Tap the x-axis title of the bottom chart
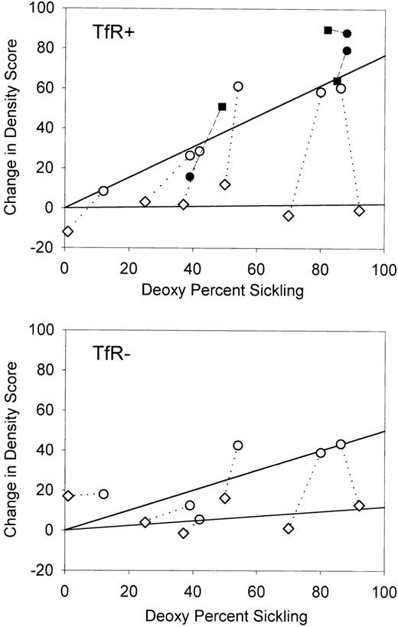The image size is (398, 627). (224, 615)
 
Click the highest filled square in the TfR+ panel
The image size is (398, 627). (328, 30)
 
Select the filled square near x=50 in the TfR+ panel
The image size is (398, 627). (222, 106)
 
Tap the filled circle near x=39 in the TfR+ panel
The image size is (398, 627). (190, 177)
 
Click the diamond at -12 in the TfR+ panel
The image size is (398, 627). (67, 231)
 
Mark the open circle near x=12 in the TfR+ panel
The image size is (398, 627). (103, 191)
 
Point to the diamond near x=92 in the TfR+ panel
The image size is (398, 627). (359, 211)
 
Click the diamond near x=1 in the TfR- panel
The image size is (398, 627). (68, 495)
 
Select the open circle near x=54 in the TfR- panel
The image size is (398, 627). (237, 446)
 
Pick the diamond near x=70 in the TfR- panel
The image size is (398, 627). (289, 528)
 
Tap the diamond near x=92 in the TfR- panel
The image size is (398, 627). (359, 505)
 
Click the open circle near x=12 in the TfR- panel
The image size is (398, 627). (103, 494)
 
